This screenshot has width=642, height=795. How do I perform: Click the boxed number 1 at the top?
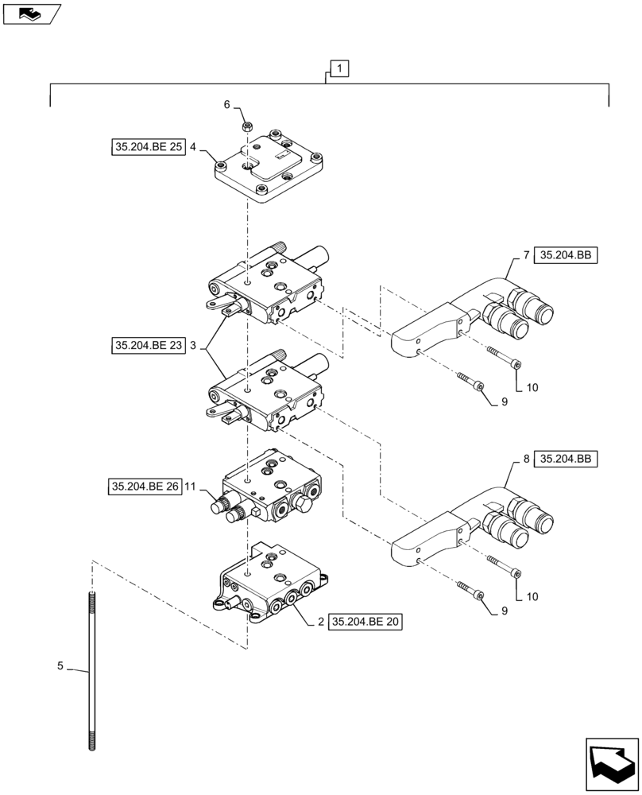(338, 70)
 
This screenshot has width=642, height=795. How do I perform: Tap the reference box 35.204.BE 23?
(149, 346)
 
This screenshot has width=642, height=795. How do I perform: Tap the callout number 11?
(190, 486)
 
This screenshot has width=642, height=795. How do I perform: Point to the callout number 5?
(60, 666)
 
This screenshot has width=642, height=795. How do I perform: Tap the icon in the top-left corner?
(32, 14)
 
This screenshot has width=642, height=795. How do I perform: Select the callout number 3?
(193, 346)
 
